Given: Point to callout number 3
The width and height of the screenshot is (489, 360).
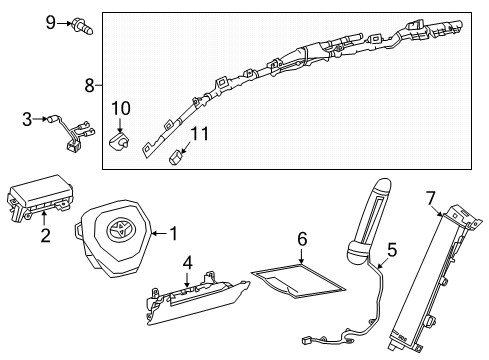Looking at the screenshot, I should click(27, 120).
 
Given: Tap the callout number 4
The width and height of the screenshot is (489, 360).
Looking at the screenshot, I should click(187, 263).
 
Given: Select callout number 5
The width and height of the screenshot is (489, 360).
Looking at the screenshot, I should click(392, 250).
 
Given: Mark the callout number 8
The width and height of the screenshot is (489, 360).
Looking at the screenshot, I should click(91, 86).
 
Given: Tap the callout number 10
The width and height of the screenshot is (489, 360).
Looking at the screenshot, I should click(121, 107).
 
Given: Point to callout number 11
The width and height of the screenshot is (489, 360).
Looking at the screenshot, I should click(200, 133).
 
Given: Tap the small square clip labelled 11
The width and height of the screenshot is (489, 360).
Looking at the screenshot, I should click(178, 154).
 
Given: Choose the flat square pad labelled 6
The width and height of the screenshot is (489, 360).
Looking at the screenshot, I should click(297, 283).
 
